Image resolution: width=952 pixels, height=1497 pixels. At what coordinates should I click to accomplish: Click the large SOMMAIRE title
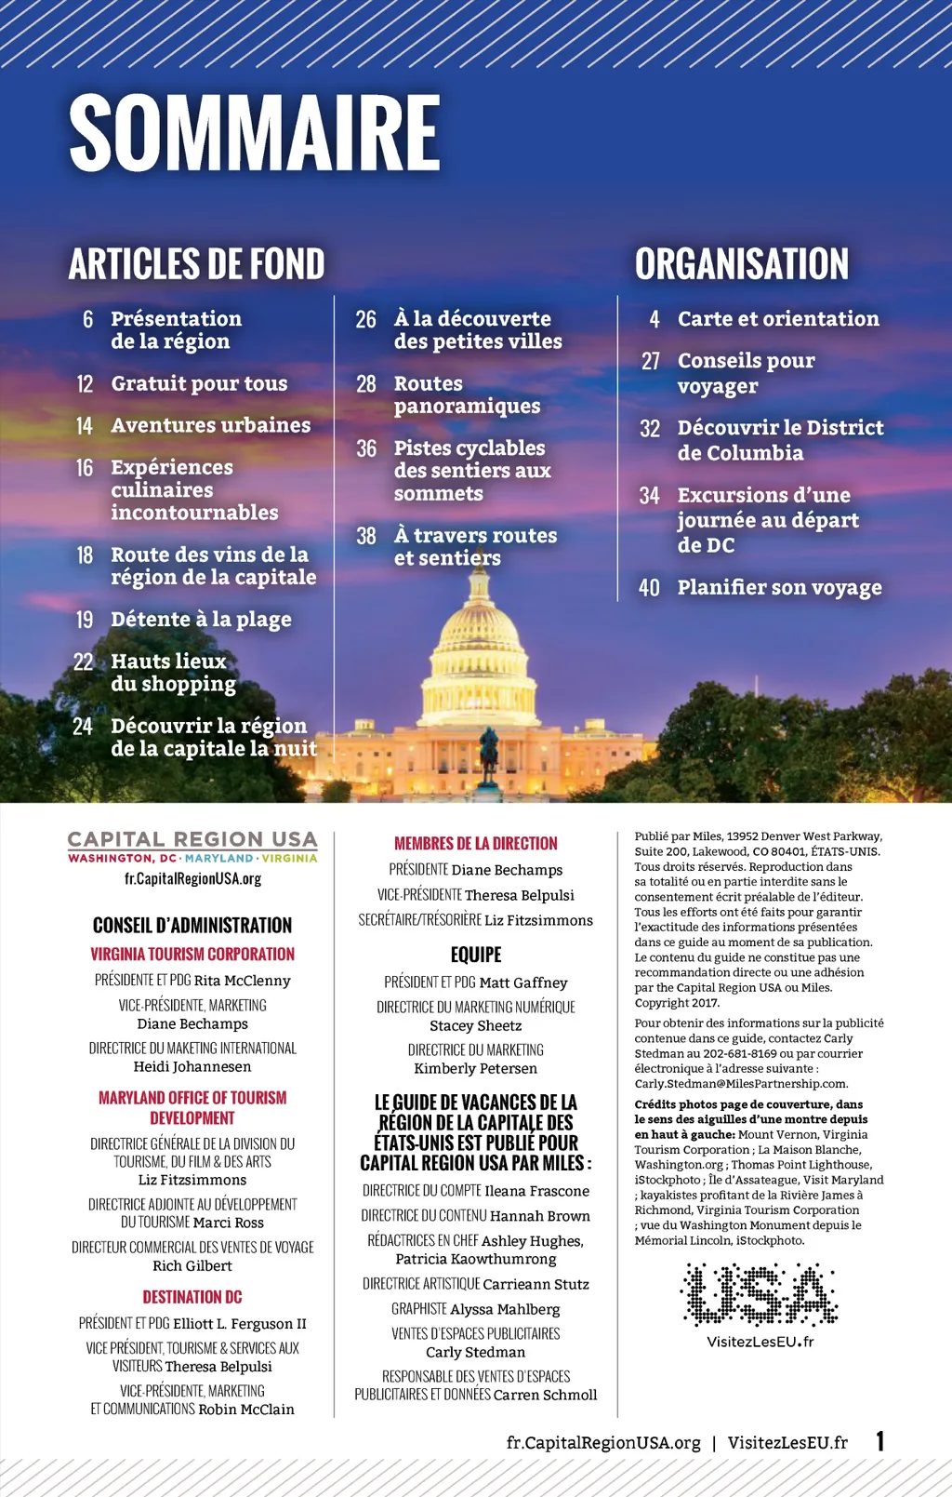[254, 133]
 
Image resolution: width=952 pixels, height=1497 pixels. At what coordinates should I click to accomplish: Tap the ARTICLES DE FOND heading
[196, 264]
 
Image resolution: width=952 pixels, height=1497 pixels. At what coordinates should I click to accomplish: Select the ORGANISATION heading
[741, 264]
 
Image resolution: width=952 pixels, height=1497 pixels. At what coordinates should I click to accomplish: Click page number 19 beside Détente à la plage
[85, 620]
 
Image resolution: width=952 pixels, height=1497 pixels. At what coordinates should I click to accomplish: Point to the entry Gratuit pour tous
[199, 383]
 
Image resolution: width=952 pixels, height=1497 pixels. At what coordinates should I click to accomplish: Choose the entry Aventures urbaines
[210, 425]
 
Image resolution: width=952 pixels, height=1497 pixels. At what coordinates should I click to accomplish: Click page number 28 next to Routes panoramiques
[366, 384]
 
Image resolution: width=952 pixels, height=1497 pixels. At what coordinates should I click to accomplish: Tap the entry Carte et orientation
[777, 319]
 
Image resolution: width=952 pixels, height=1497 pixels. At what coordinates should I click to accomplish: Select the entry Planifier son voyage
[779, 588]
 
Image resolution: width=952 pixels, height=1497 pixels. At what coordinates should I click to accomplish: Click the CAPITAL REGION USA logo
[192, 847]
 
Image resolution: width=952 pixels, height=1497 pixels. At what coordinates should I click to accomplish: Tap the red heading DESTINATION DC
[192, 1297]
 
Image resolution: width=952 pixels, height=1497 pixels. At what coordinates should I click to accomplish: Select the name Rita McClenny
[242, 981]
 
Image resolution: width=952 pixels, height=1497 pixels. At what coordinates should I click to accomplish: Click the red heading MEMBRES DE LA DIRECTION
[475, 844]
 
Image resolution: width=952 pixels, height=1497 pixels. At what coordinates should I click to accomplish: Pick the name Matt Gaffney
[522, 982]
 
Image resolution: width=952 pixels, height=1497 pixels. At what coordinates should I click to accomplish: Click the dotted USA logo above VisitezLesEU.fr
[760, 1294]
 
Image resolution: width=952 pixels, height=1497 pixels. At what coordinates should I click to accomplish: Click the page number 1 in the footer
[879, 1441]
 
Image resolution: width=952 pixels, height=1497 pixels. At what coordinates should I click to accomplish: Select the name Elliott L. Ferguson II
[240, 1324]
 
